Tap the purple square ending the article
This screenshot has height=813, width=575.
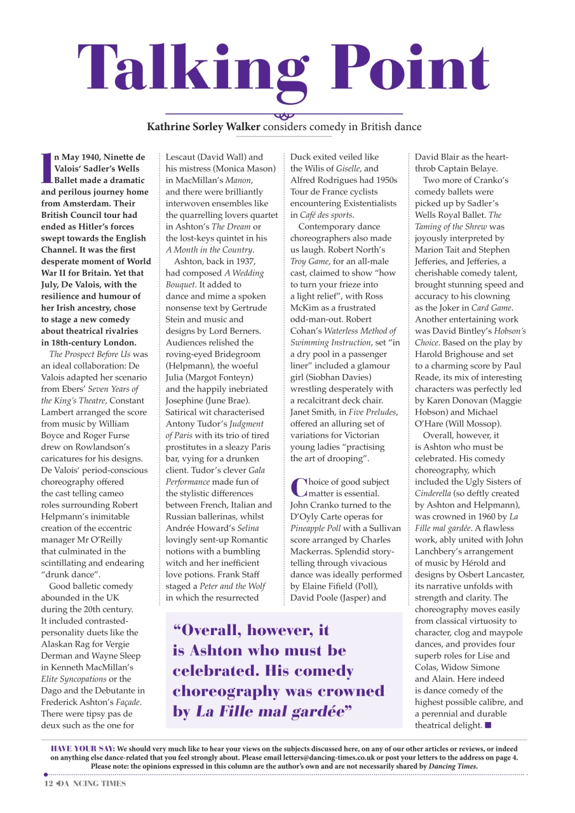pyautogui.click(x=488, y=725)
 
